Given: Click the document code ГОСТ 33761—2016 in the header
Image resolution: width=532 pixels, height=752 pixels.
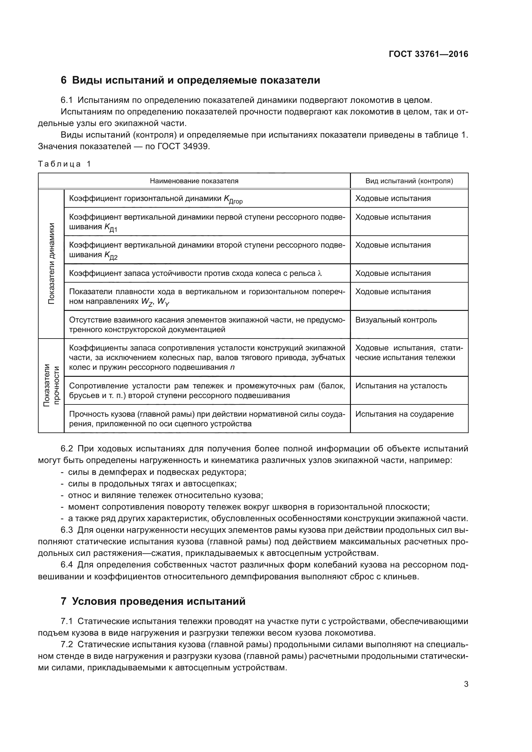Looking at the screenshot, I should (428, 54).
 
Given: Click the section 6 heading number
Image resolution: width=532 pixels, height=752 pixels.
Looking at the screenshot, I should (64, 80).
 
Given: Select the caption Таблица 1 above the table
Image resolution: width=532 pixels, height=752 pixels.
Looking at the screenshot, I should (64, 164).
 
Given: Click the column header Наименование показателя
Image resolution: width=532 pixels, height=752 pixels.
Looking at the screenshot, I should (194, 181).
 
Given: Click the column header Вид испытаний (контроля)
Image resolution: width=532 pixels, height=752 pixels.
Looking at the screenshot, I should (409, 181).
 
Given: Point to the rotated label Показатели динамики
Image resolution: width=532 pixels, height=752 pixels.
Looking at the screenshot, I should (51, 264).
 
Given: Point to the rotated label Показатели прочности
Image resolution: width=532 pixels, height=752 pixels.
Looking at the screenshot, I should (51, 385).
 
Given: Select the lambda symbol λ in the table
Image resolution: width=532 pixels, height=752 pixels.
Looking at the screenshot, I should (320, 274).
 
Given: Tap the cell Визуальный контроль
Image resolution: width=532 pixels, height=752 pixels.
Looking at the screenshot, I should (396, 320).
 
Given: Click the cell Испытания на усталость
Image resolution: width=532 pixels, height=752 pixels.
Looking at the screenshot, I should (401, 386).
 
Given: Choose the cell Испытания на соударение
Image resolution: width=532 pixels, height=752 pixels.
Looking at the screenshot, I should (404, 414).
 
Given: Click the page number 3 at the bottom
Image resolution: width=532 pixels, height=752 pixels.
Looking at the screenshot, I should (466, 684).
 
